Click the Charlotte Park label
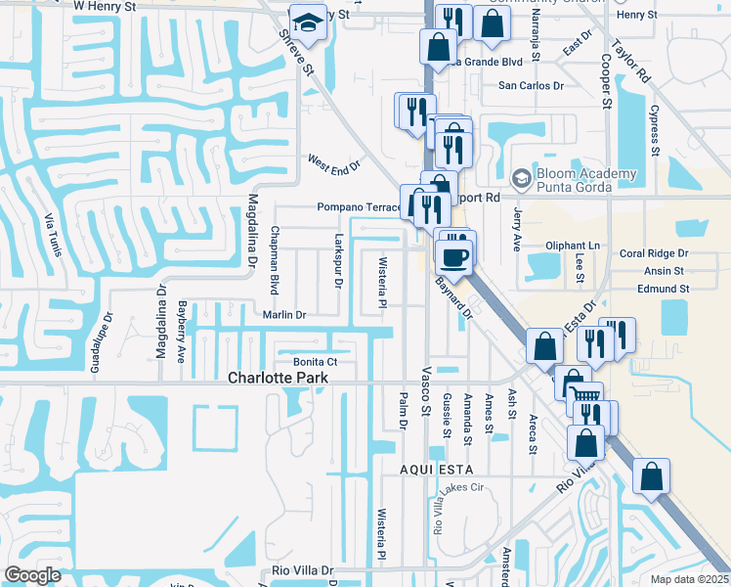[x=276, y=378]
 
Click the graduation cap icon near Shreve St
[x=308, y=24]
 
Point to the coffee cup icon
[x=454, y=257]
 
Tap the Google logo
[x=32, y=574]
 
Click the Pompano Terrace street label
[x=359, y=207]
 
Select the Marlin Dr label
[x=284, y=315]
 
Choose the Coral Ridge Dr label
[x=654, y=253]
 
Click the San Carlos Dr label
[x=532, y=86]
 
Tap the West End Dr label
[x=334, y=163]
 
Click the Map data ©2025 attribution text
[x=690, y=579]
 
